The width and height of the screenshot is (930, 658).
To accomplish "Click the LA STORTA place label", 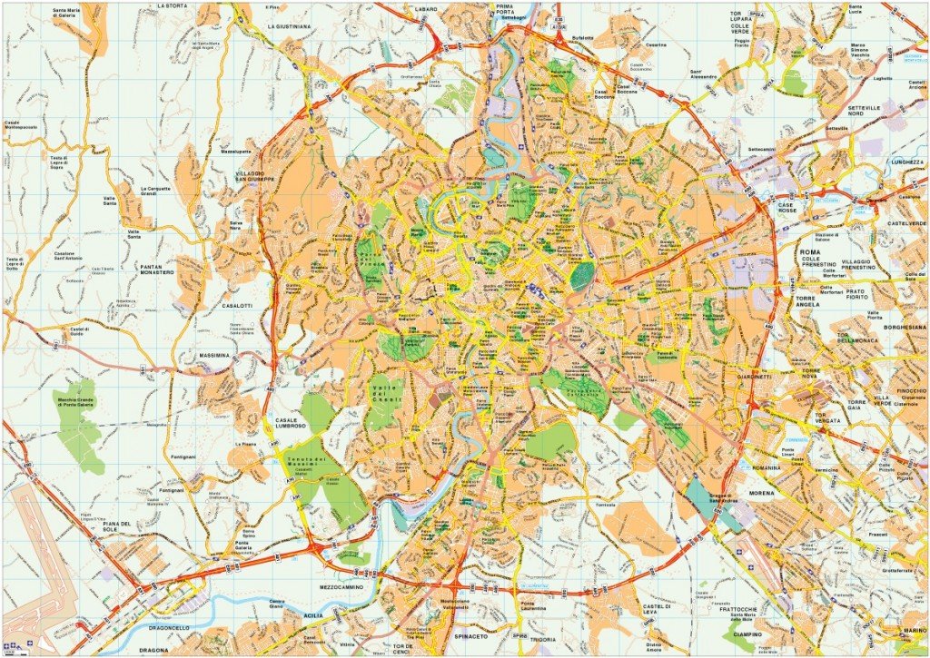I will [x=172, y=5].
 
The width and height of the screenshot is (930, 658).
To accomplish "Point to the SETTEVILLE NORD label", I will [x=866, y=112].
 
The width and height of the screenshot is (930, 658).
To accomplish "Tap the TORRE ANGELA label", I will [x=807, y=300].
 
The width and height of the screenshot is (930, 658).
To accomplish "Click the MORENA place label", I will [x=761, y=496].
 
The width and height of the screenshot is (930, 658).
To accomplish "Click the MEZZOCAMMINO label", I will [x=341, y=587].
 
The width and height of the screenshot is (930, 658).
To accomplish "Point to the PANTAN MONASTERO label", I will [x=163, y=269].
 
